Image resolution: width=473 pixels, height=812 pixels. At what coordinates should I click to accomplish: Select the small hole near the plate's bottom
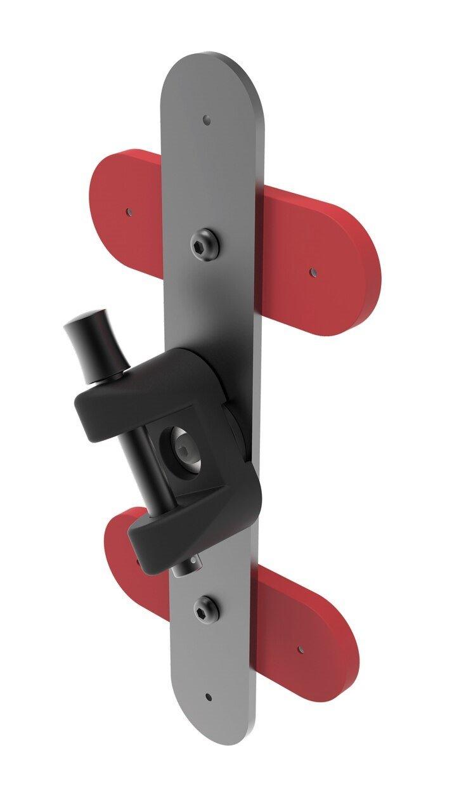tap(209, 697)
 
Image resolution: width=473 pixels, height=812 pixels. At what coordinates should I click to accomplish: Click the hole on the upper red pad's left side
tap(129, 211)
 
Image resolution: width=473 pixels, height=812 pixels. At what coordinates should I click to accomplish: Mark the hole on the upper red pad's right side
tap(312, 272)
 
